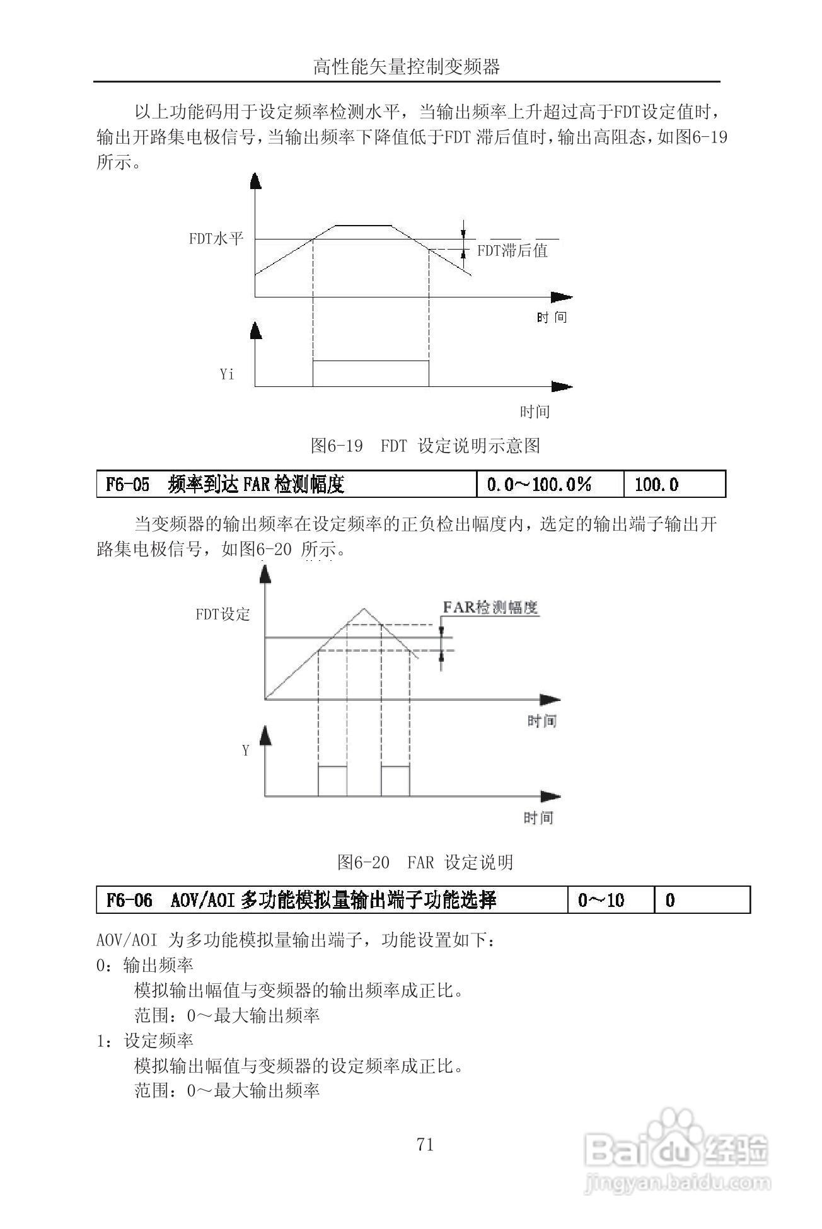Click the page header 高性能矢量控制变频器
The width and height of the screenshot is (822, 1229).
[x=407, y=66]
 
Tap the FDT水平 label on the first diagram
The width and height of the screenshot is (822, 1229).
[x=216, y=239]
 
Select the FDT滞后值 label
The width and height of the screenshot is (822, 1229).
[x=512, y=251]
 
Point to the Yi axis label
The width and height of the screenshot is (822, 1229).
[x=227, y=374]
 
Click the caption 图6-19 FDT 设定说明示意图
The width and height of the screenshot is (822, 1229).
[x=425, y=446]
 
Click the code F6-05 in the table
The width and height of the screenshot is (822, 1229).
[x=128, y=484]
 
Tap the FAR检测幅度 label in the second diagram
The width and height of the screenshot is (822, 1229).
[x=490, y=608]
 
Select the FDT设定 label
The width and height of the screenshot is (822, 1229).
[x=223, y=614]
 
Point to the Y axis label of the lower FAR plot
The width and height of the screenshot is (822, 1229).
[x=246, y=751]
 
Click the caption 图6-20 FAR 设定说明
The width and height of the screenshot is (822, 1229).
[x=425, y=862]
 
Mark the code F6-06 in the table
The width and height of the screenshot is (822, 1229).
[x=130, y=900]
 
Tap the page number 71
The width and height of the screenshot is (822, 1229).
[x=425, y=1145]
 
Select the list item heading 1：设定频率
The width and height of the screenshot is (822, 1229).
[x=145, y=1041]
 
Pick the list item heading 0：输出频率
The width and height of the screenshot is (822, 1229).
[x=145, y=965]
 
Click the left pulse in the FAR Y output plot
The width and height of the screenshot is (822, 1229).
[x=332, y=781]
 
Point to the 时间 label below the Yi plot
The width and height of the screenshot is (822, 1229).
[x=535, y=412]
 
